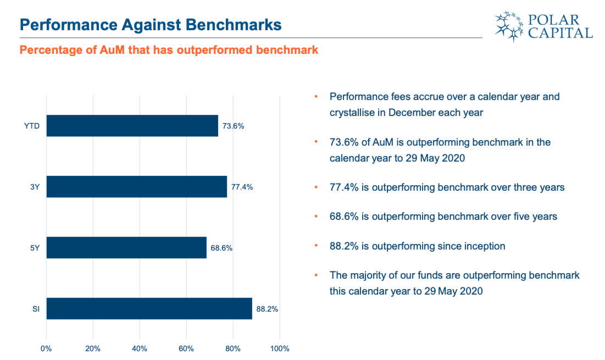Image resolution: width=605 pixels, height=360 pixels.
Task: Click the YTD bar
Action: coord(132,126)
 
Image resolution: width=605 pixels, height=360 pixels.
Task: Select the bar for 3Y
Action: coord(137,187)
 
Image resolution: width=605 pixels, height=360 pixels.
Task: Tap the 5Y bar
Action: coord(126,248)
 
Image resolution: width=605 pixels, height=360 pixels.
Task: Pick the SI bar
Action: coord(149,309)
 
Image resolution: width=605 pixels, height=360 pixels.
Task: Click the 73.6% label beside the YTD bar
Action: coord(233,126)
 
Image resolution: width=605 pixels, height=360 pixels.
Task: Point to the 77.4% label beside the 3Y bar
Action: coord(242,187)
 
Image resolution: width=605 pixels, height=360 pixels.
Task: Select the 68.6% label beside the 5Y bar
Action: coord(221,248)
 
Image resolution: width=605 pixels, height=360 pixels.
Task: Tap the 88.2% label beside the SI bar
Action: coord(267,309)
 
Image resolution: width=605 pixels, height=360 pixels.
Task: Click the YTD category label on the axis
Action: coord(32,126)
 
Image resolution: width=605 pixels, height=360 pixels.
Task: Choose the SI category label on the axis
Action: coord(36,309)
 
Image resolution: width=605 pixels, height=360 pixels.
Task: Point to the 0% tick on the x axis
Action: coord(46,349)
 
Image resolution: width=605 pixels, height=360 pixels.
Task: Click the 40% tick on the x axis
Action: coord(139,349)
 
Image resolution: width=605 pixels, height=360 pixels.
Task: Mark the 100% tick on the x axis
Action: coord(280,349)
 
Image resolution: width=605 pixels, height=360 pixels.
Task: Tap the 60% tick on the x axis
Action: coord(186,349)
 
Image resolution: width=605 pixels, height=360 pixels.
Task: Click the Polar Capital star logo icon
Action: coord(509,26)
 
